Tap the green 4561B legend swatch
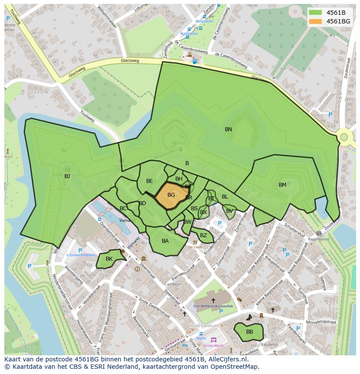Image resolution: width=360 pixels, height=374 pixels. click(316, 13)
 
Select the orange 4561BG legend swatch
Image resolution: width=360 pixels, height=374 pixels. click(316, 21)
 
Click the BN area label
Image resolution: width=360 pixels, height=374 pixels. click(228, 129)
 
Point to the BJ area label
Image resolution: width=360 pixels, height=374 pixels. click(67, 176)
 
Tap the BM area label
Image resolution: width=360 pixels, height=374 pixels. click(283, 185)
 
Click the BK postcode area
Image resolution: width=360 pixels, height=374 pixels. click(109, 259)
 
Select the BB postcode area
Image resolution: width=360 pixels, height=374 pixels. click(249, 332)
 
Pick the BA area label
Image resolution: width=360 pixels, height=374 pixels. click(165, 241)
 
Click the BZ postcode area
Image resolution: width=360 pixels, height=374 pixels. click(203, 236)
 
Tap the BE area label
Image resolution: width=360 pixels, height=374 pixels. click(150, 181)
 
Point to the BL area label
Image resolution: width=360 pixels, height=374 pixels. click(225, 197)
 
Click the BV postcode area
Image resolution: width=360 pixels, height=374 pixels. click(229, 212)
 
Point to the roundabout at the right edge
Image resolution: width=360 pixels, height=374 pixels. click(344, 137)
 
